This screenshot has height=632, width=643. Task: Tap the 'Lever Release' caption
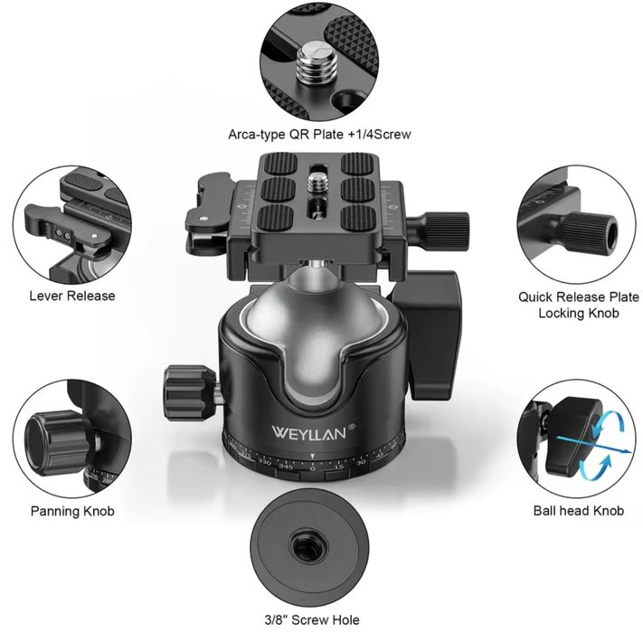(x=72, y=296)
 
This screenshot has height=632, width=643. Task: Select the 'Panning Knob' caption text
(x=72, y=511)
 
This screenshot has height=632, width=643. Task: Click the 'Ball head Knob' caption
(x=579, y=511)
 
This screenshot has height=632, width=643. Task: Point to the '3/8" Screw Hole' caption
(x=312, y=620)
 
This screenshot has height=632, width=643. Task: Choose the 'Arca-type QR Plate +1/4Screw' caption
(x=319, y=135)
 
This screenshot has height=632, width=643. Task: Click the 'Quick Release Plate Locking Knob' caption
(x=579, y=305)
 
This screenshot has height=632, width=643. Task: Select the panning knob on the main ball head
(x=189, y=392)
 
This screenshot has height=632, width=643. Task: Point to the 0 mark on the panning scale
(x=313, y=468)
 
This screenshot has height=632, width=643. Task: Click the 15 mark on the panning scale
(x=338, y=467)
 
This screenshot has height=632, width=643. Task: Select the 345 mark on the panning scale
(x=286, y=467)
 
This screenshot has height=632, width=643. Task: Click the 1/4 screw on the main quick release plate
(x=318, y=182)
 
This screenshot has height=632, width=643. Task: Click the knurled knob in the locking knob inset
(x=591, y=232)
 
